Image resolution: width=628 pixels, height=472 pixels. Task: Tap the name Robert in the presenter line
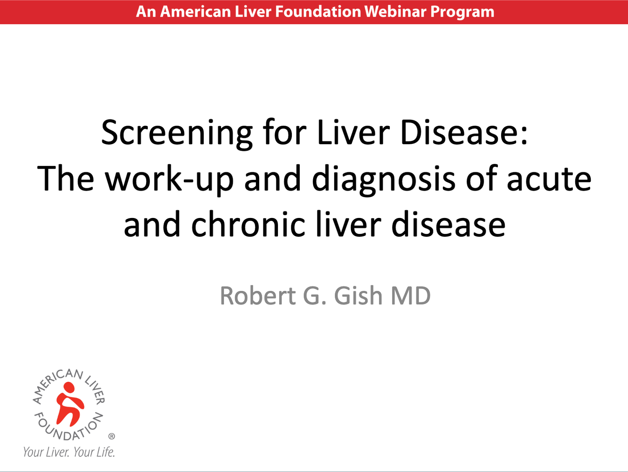[x=258, y=296]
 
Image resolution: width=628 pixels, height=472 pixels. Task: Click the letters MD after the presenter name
[x=410, y=296]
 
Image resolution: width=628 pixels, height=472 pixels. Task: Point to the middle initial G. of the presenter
[x=314, y=296]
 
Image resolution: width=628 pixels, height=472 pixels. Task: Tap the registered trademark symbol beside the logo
[x=112, y=436]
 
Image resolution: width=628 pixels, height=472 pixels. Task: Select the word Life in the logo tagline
[x=105, y=452]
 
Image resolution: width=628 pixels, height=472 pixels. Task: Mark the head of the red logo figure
[x=69, y=388]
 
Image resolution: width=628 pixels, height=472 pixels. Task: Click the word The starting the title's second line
[x=65, y=178]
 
